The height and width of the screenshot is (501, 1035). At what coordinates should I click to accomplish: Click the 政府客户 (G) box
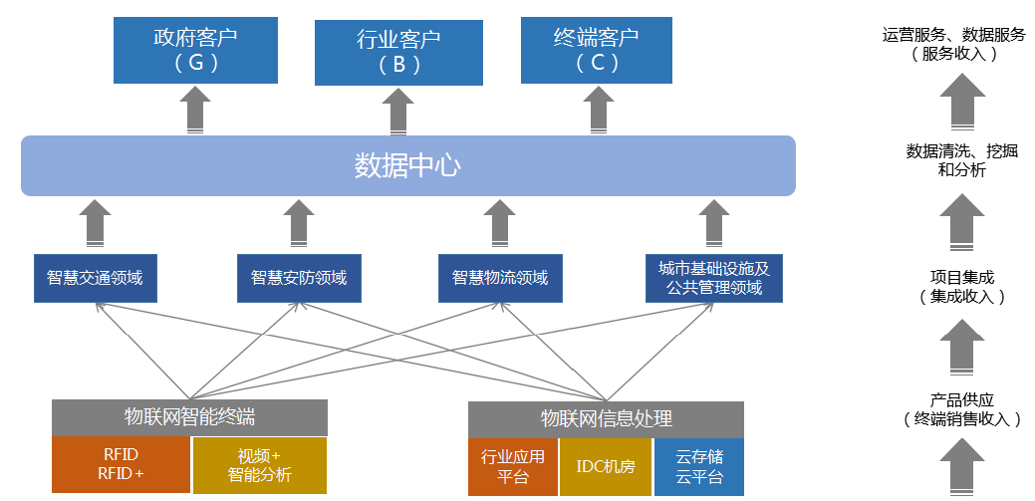[195, 50]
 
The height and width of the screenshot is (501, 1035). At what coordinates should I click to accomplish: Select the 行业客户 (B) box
[397, 53]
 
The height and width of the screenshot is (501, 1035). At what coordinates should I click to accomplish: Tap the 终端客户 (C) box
[596, 50]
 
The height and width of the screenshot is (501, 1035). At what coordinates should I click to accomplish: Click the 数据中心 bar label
[407, 165]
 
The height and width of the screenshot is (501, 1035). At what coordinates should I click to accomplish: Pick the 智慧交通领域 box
[95, 278]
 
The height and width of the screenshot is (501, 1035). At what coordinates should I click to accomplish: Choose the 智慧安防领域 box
[299, 278]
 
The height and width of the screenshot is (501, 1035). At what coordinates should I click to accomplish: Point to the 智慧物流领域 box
[500, 278]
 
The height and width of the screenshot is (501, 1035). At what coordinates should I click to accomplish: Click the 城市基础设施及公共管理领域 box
[713, 278]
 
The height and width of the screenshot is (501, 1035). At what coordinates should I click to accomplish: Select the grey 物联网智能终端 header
[189, 417]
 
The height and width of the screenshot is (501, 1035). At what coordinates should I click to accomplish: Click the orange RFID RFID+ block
[121, 464]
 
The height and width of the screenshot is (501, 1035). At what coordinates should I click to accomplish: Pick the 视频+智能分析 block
[259, 465]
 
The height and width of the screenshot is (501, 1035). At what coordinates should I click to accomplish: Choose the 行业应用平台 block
[513, 467]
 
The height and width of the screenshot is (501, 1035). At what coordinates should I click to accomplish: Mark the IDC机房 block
[606, 467]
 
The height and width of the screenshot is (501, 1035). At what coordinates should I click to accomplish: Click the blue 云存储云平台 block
[699, 467]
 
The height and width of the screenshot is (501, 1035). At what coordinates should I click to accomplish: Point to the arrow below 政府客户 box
[196, 110]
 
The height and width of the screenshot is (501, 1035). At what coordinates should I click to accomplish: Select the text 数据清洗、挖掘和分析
[961, 160]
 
